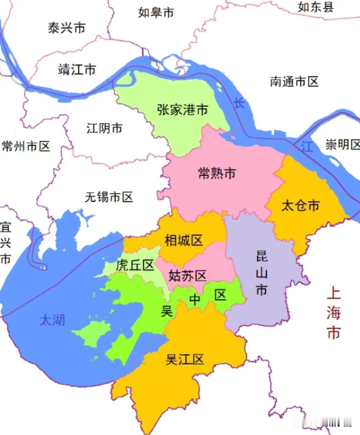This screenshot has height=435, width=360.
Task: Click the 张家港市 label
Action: point(183,110)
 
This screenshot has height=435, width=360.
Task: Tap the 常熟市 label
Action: point(217,173)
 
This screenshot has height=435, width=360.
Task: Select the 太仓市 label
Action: point(300,206)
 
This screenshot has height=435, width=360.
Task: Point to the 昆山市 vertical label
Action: point(262,273)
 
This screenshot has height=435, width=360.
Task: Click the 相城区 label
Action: point(184,240)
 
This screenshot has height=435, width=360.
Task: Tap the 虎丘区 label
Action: point(135,265)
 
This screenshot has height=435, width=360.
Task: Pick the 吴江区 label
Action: point(185,360)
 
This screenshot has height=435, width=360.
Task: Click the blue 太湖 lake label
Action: point(52,320)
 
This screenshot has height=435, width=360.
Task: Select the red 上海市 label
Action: point(334,313)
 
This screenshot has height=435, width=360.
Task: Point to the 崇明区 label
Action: point(343,145)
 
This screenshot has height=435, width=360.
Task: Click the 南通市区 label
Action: point(294,82)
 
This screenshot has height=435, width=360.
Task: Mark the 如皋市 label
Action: point(156,13)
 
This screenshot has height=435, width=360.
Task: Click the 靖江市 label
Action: point(77,70)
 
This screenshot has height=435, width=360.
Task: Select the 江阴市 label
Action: point(104,128)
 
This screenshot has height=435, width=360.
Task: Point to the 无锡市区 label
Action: point(109,197)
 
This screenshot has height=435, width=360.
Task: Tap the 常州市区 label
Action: point(26,146)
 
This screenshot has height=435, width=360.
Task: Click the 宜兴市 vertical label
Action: point(6,243)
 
